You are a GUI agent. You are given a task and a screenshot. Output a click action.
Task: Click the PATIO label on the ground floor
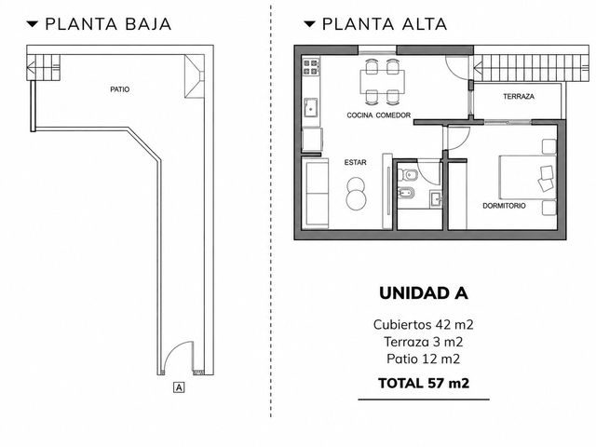coord(120,89)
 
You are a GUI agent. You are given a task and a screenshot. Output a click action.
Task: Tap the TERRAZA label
coord(519,97)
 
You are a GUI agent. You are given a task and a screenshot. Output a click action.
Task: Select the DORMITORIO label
coord(504,206)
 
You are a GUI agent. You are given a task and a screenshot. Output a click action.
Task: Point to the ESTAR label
coord(356,162)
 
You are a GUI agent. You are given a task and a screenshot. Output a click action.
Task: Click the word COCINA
coord(359,115)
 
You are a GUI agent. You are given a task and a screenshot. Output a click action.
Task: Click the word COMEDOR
coord(393,115)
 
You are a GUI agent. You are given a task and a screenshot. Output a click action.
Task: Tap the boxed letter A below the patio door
coord(179,387)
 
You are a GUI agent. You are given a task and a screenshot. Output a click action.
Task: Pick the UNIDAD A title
coord(424,293)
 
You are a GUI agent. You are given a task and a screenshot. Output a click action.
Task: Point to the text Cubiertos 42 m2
coord(424,325)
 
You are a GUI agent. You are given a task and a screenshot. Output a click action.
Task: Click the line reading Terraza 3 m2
coord(424,342)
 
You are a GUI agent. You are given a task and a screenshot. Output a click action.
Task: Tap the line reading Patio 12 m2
coord(424,359)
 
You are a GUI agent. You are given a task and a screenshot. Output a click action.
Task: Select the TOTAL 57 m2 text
coord(424,383)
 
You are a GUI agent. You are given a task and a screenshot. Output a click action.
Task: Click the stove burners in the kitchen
coord(310,67)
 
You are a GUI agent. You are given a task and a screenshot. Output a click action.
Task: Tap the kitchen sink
coord(311,107)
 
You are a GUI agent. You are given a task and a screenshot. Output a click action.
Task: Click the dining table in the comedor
coord(382,82)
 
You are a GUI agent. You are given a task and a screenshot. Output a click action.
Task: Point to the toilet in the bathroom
coord(407,176)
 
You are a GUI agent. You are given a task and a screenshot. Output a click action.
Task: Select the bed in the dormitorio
coord(527,178)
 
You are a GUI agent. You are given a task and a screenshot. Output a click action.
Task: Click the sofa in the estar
coord(315,194)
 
